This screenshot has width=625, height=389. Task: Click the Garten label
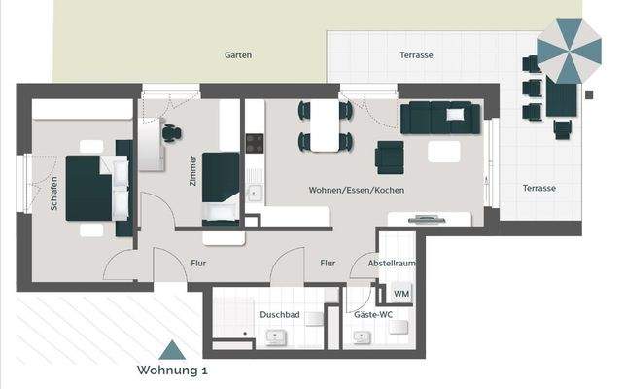(x=238, y=55)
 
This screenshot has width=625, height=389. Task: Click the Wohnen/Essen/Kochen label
(x=356, y=190)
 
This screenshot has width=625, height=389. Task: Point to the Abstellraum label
(x=392, y=264)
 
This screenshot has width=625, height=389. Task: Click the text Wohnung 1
(x=172, y=371)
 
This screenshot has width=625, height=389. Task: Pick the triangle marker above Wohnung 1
(x=171, y=351)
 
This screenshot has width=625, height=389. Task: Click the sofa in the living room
(x=440, y=119)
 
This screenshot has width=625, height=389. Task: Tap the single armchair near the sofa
(x=390, y=155)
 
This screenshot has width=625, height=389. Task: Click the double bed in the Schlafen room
(x=93, y=186)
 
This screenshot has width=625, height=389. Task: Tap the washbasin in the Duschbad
(x=274, y=337)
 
